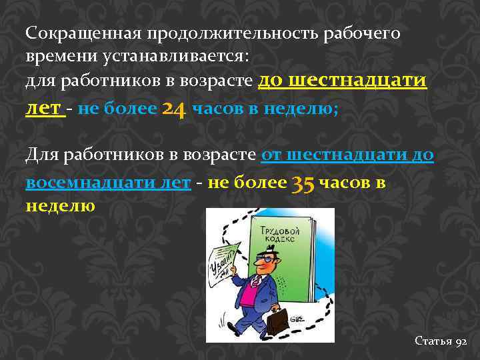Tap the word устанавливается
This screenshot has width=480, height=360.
tap(175, 57)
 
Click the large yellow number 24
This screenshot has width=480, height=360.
tap(173, 109)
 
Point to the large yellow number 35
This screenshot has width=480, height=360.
tap(303, 183)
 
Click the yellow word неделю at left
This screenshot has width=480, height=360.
tap(60, 205)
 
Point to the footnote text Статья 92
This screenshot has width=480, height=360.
tap(441, 341)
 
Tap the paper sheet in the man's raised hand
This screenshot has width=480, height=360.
tap(223, 259)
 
